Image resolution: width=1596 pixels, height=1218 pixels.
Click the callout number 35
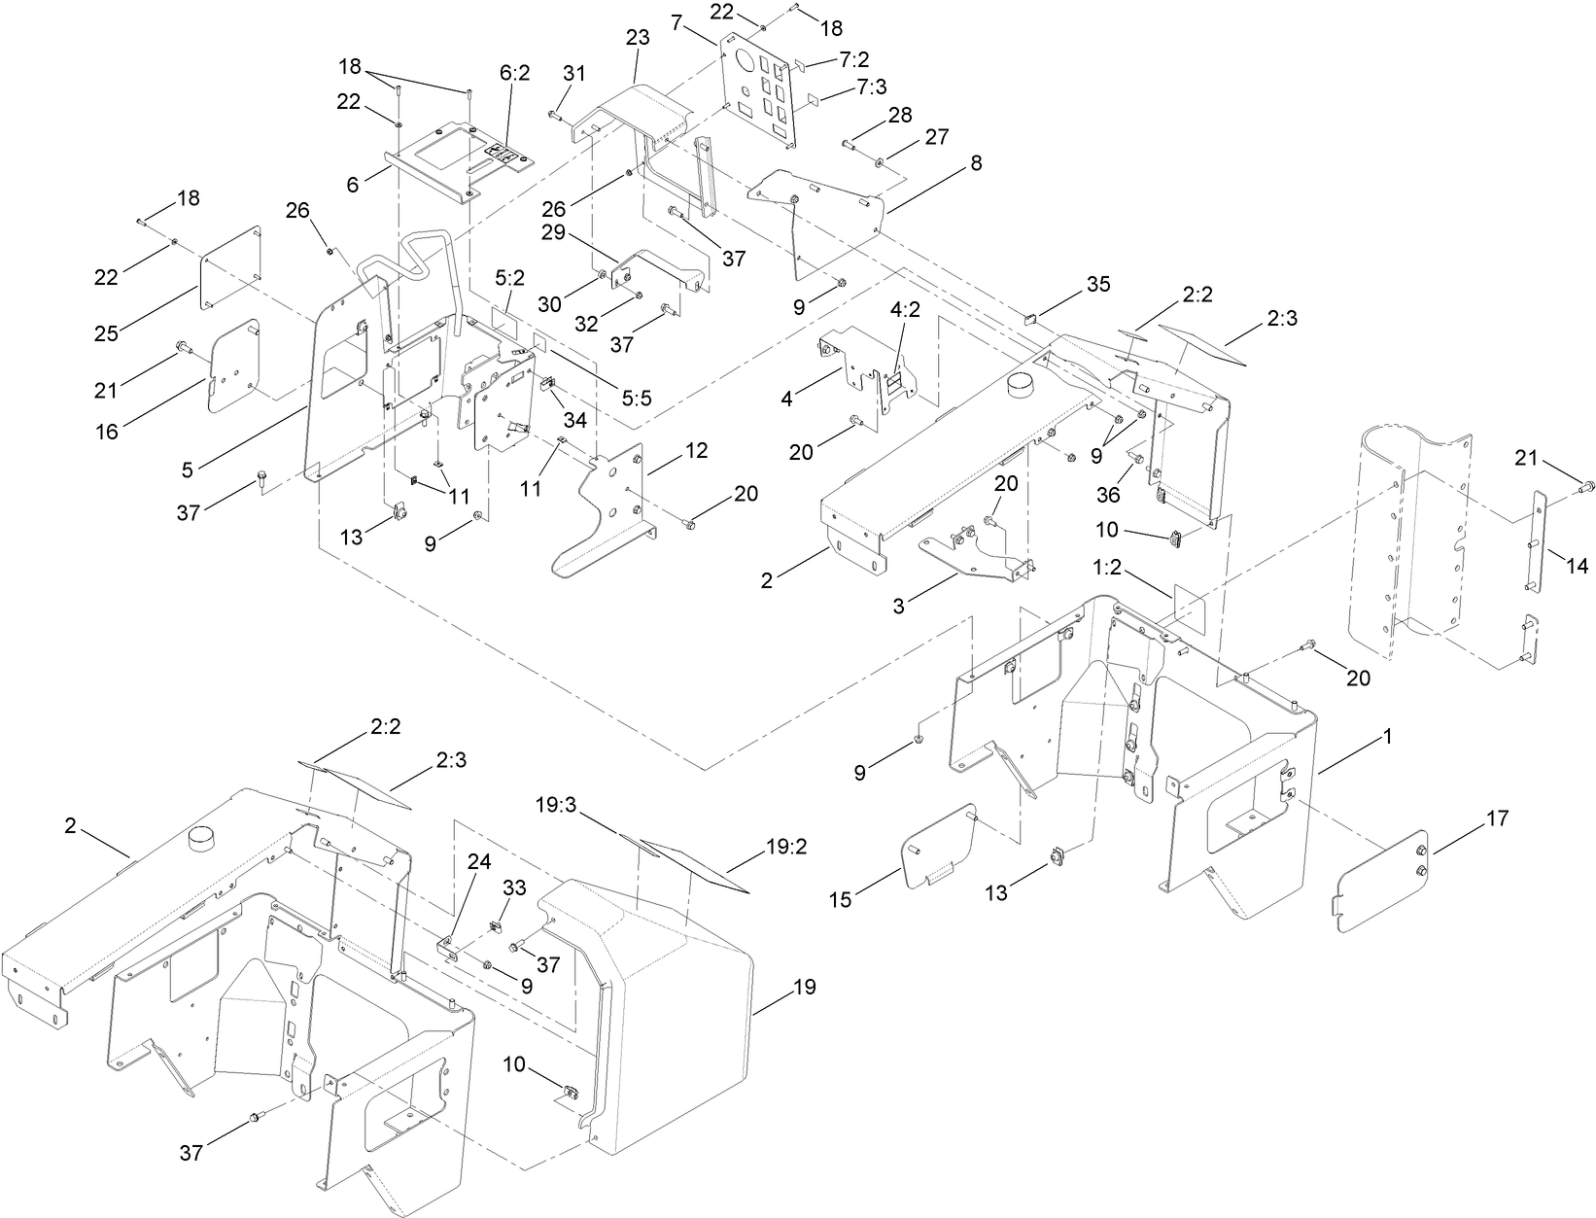[1097, 284]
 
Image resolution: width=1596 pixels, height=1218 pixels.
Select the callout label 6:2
[514, 72]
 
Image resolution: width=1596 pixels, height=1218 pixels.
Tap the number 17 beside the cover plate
[1497, 818]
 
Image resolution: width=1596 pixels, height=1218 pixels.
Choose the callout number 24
[479, 860]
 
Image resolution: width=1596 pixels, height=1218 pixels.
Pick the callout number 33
[514, 887]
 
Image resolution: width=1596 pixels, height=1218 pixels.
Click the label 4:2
[905, 311]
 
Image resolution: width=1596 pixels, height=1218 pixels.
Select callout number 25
[107, 332]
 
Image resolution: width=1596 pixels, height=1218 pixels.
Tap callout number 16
[107, 431]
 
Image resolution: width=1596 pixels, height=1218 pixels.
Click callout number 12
[696, 451]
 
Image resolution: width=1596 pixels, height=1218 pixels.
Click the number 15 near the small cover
[840, 900]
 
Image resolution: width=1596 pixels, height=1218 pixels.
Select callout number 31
[575, 72]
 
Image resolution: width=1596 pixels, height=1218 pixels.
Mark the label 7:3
[872, 87]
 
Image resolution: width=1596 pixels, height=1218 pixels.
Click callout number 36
[1108, 495]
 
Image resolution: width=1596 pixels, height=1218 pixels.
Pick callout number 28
[899, 115]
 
